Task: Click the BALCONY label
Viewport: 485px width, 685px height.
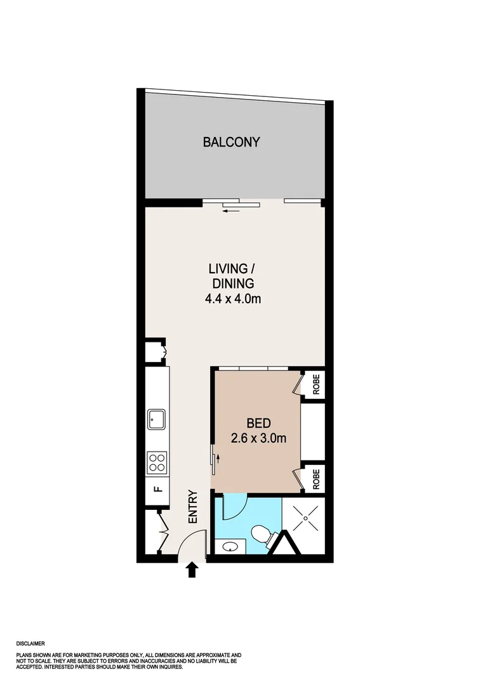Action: [231, 142]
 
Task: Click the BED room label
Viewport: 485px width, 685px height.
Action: [259, 423]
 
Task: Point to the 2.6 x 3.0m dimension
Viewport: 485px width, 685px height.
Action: [259, 438]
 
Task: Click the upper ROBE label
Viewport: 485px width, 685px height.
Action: [316, 385]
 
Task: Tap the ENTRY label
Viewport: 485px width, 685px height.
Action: [194, 507]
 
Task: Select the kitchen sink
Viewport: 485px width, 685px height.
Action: [156, 419]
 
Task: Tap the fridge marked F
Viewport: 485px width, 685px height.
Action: [157, 489]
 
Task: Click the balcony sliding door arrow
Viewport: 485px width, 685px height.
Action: [231, 211]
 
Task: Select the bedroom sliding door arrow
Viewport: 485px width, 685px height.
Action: [218, 457]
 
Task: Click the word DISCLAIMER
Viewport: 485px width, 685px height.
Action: [31, 643]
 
